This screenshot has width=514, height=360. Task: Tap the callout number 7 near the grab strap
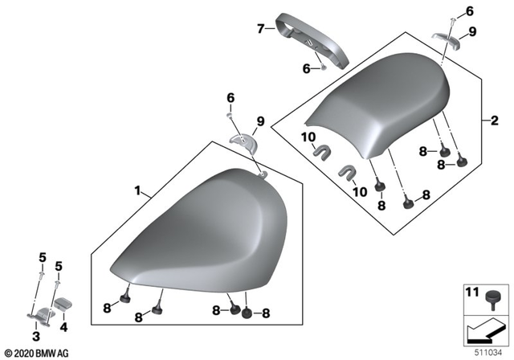260,29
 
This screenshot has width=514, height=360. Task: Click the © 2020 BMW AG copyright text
37,353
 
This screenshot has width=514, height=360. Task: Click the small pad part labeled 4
63,305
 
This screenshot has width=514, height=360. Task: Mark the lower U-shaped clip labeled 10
348,172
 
